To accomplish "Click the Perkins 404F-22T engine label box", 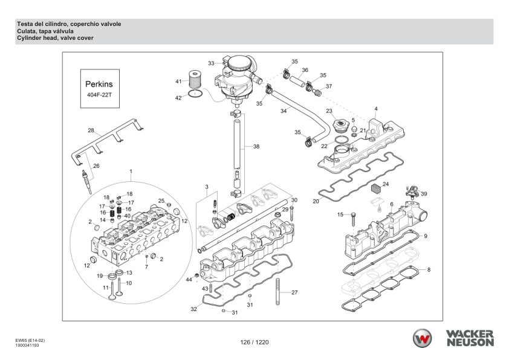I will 99,89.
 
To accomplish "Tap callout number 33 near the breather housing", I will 211,63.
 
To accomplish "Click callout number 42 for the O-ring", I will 178,97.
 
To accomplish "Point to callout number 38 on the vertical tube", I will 256,147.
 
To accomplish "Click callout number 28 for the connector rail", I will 91,130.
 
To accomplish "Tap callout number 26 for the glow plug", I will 96,166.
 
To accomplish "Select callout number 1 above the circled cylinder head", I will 130,172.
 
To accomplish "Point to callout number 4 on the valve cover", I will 375,109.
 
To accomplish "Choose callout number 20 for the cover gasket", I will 316,201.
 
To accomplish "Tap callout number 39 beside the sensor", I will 424,193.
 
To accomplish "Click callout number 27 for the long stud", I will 294,292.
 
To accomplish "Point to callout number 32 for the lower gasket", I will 193,309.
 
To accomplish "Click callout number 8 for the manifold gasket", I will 429,269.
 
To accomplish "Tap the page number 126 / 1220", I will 254,342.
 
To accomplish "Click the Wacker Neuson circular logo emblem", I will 423,338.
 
